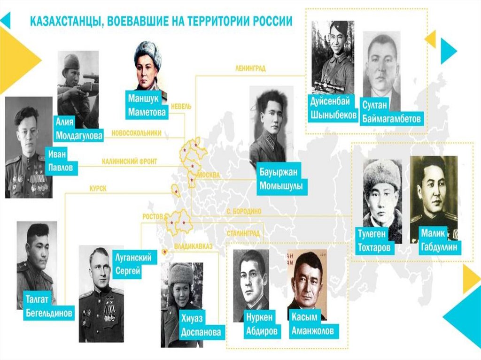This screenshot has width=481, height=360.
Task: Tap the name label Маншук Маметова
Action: click(x=147, y=105)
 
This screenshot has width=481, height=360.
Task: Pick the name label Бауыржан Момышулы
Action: click(x=281, y=180)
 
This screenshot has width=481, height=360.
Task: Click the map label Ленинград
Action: click(x=250, y=68)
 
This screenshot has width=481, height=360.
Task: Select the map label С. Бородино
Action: click(x=243, y=212)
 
